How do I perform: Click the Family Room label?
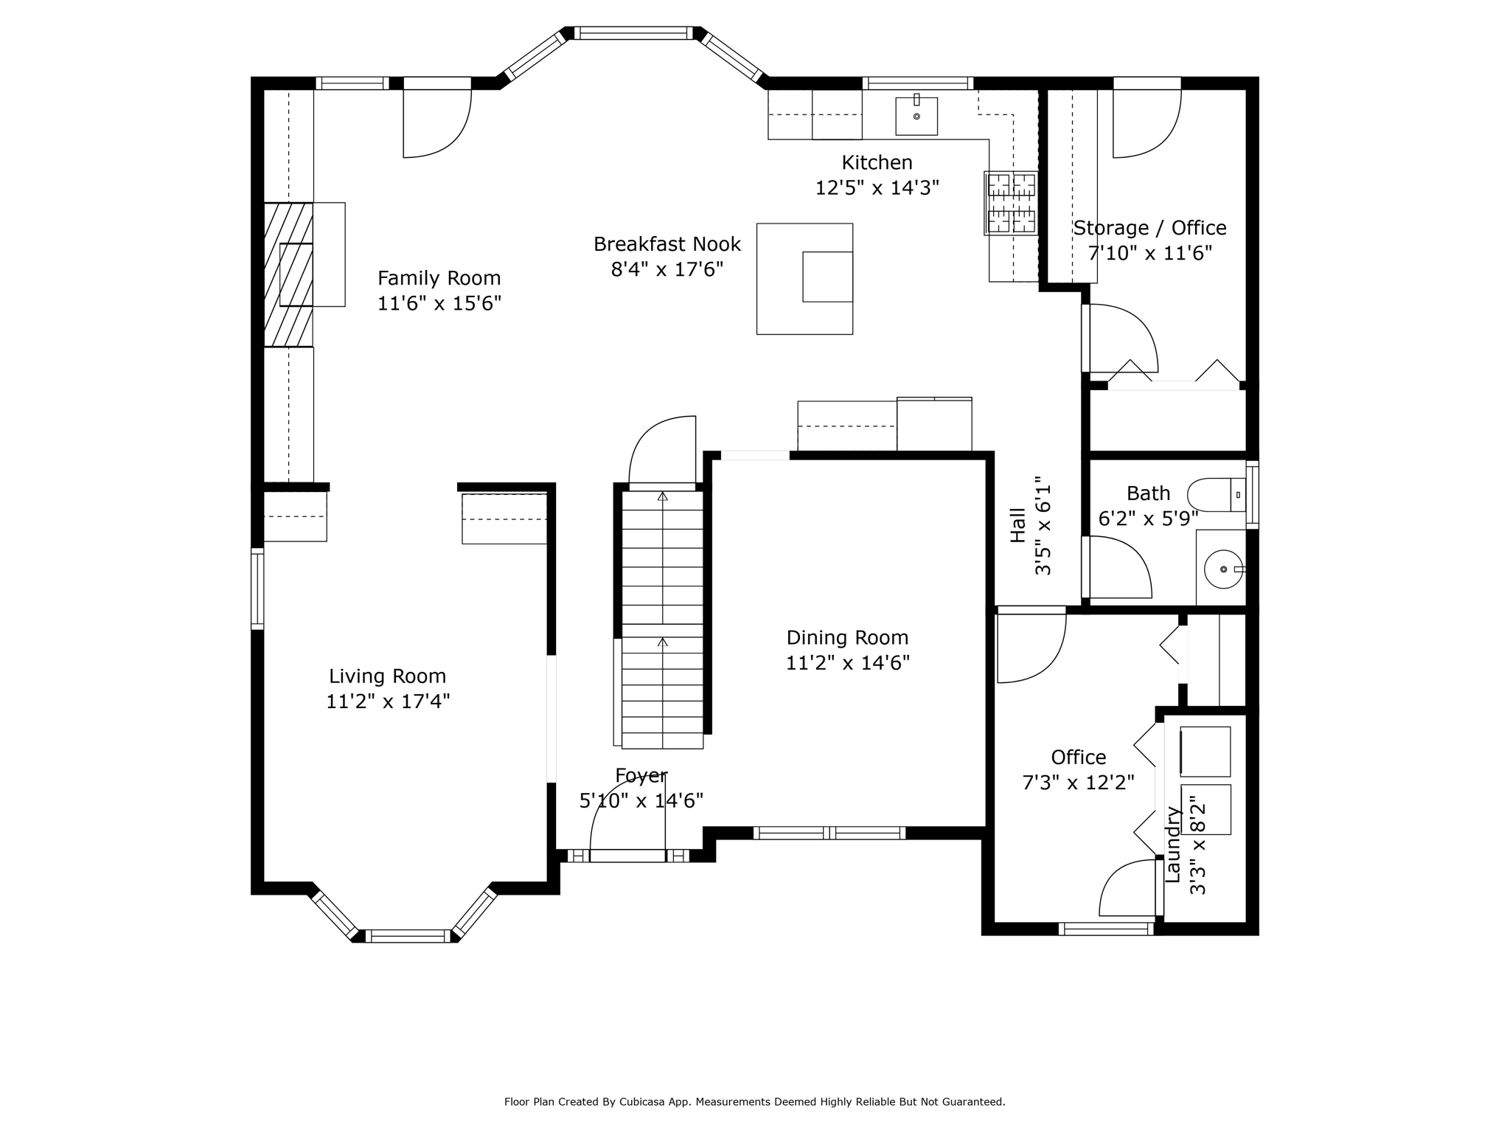coord(439,278)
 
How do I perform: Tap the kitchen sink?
coord(916,117)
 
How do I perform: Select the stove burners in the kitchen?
coord(1011,203)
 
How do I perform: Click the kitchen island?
coord(804,279)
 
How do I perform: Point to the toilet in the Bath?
coord(1216,494)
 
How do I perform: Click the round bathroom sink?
coord(1223,569)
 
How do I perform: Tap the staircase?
coord(662,620)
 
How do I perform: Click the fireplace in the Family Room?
coord(289,274)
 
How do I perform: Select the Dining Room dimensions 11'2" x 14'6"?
coord(847,663)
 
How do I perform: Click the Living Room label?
coord(387,676)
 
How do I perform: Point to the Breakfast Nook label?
coord(667,244)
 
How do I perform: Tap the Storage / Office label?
coord(1149,228)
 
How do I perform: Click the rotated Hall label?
coord(1018,525)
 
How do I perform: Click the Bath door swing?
coord(1118,566)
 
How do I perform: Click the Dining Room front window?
coord(829,833)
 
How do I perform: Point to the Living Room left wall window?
coord(257,589)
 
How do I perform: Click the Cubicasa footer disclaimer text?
coord(754,1101)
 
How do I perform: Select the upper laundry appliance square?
coord(1205,752)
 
